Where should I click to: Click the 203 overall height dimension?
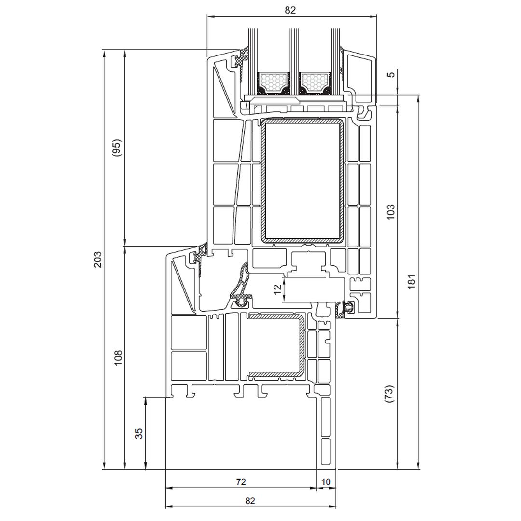point(97,259)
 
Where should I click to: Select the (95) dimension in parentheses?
point(117,148)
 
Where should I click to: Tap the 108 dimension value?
point(118,357)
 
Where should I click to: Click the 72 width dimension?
point(241,481)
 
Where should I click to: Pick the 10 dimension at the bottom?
point(326,481)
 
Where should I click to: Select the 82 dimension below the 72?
point(250,501)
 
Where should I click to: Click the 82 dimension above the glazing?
point(290,10)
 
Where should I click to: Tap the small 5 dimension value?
point(392,74)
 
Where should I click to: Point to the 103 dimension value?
point(391,212)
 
